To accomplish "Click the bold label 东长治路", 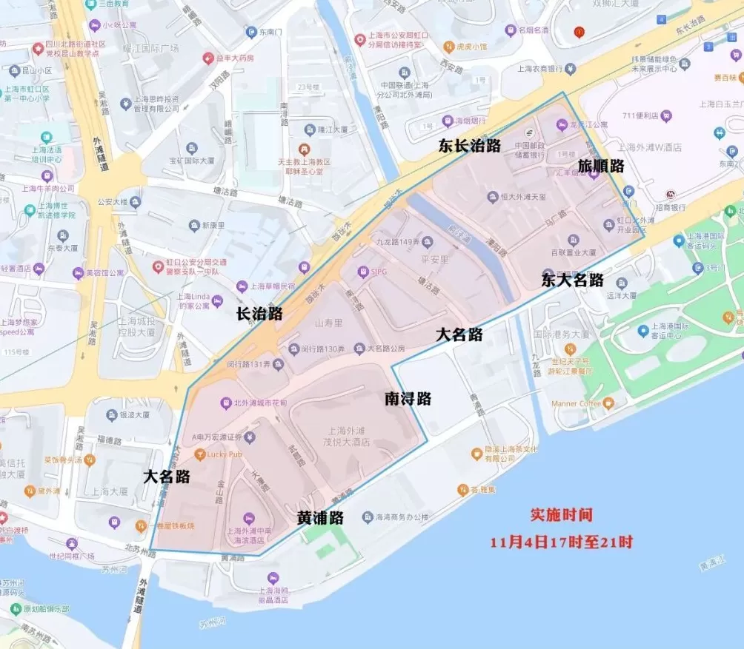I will (x=469, y=146).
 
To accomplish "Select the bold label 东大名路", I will (x=572, y=280).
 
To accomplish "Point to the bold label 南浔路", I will (x=408, y=399).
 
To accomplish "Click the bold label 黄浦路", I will (x=320, y=518).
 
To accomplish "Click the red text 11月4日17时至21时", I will (x=561, y=542).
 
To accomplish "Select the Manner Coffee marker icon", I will (x=608, y=403).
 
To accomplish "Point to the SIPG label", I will (x=379, y=272).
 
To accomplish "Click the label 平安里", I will (x=414, y=259).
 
